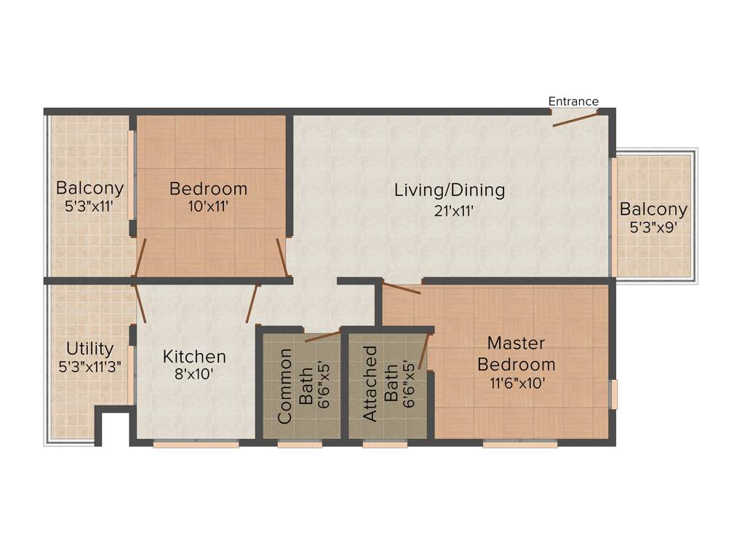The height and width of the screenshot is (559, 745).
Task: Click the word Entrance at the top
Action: click(573, 101)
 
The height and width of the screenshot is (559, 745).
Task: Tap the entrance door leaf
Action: click(575, 119)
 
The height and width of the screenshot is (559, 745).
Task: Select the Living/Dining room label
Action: click(450, 191)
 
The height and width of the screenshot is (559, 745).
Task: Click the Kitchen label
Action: click(194, 357)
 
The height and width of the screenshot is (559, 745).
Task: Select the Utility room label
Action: click(89, 348)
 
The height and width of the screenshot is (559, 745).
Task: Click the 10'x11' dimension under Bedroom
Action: click(208, 206)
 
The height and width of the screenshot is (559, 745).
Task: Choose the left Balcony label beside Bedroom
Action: click(90, 189)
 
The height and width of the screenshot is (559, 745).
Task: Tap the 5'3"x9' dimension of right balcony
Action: click(653, 227)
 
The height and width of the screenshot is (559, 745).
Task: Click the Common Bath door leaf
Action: click(322, 336)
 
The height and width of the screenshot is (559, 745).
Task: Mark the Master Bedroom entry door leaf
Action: click(402, 288)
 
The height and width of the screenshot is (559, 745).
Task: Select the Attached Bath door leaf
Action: click(423, 351)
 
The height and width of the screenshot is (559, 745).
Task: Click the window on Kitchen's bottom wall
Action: click(196, 443)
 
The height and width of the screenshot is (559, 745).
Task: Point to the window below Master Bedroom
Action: click(520, 443)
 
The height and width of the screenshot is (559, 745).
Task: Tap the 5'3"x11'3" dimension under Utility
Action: click(89, 366)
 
